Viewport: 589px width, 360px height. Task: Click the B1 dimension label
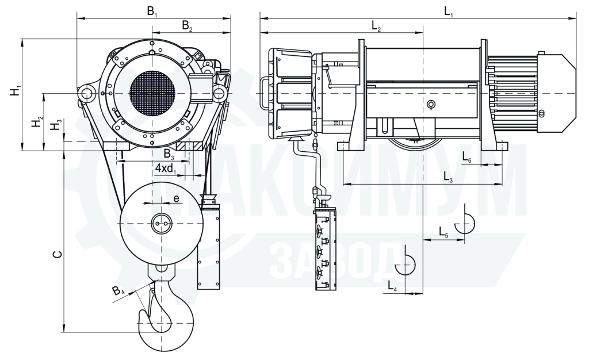[152, 11]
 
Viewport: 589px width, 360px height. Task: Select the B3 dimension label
[169, 154]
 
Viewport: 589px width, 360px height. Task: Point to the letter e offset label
[176, 198]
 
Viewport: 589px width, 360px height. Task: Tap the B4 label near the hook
[118, 292]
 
